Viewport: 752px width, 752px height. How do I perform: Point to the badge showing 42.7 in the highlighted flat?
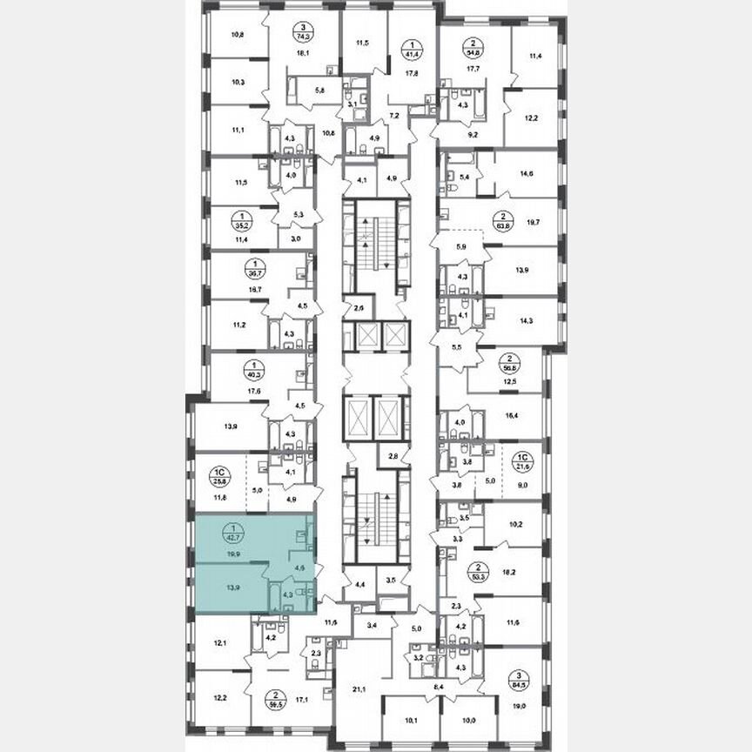(232, 532)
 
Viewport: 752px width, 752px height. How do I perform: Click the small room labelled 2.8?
(393, 456)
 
